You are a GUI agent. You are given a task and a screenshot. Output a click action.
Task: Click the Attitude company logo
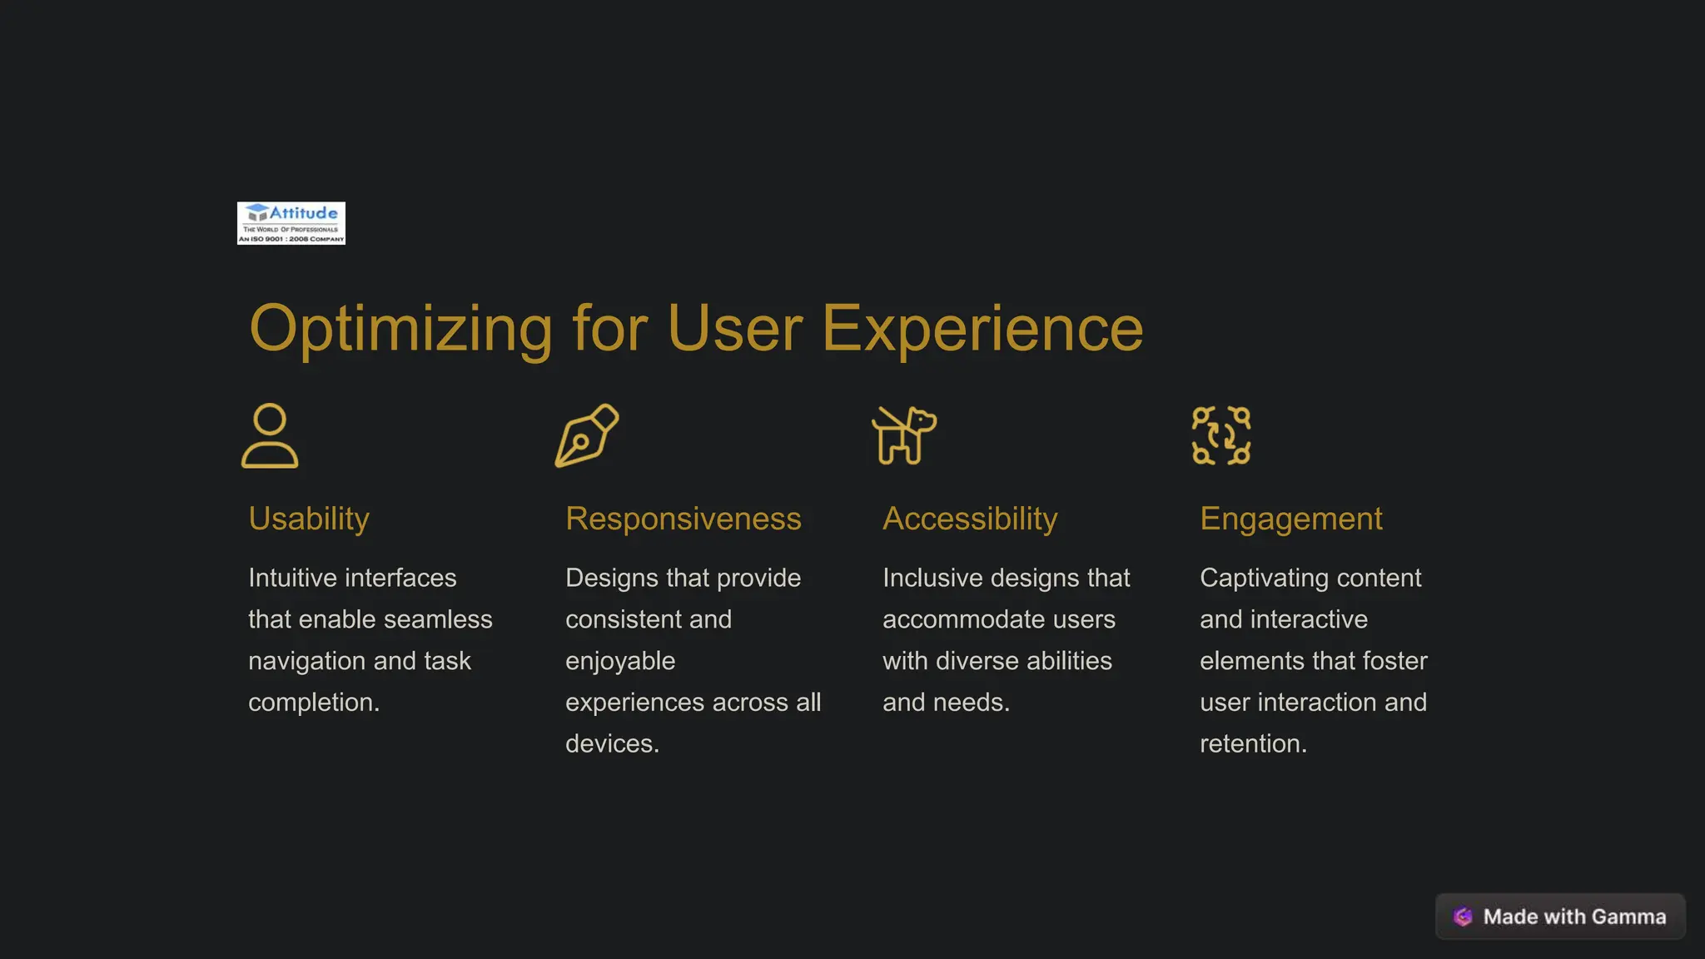(291, 223)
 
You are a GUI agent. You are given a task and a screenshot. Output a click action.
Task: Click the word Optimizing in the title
(400, 329)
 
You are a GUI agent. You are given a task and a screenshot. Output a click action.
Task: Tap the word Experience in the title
(982, 329)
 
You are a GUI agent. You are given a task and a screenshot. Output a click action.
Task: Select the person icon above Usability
(270, 435)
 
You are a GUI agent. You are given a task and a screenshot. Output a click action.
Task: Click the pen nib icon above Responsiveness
(587, 435)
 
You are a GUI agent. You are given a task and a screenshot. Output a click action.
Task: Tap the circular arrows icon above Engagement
(1221, 435)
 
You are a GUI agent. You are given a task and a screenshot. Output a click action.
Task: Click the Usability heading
(309, 519)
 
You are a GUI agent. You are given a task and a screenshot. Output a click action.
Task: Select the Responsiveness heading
(683, 519)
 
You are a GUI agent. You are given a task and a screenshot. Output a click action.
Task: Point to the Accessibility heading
(970, 519)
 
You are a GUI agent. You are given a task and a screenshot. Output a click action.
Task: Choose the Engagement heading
(1290, 519)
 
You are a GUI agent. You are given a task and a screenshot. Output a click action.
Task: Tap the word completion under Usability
(312, 703)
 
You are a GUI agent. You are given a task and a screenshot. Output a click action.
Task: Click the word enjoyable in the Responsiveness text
(620, 661)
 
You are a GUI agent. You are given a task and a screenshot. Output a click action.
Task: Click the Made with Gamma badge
(1560, 917)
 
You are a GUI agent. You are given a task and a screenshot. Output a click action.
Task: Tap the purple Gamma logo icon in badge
(1463, 917)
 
